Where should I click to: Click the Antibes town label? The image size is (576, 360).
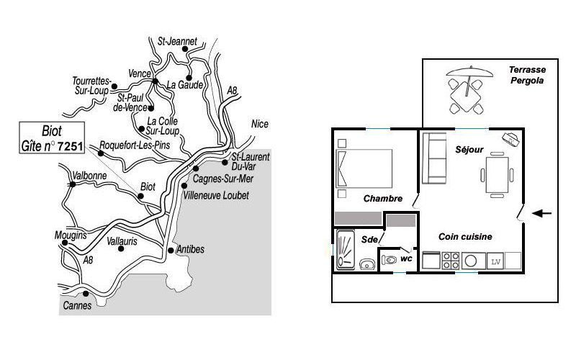coord(190,249)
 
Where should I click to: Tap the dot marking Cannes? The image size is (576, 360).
coord(86,294)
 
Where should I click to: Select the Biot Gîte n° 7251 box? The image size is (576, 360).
coord(52,138)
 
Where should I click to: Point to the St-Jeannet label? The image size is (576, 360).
coord(177,41)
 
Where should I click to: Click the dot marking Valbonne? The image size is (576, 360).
coord(73,184)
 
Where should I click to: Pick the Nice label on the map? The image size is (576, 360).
coord(260,124)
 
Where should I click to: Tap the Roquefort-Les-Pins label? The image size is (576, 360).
coord(135,145)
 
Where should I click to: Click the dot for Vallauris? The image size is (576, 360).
coord(121,248)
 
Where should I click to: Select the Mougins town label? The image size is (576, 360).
coord(71,235)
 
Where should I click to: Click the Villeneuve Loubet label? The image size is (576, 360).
coord(217,195)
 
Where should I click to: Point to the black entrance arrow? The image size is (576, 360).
coord(542,213)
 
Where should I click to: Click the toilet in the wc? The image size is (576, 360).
coord(389,260)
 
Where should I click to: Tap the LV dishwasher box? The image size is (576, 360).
coord(495,261)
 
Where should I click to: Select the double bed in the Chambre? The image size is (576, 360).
coord(364,168)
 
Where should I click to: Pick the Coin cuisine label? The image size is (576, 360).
coord(465,237)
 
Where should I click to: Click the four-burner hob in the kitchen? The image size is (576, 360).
coord(451,261)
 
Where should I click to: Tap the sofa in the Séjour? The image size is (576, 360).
coord(434,158)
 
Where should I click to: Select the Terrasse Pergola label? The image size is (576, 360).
coord(527,75)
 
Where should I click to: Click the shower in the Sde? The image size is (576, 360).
coord(346,250)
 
